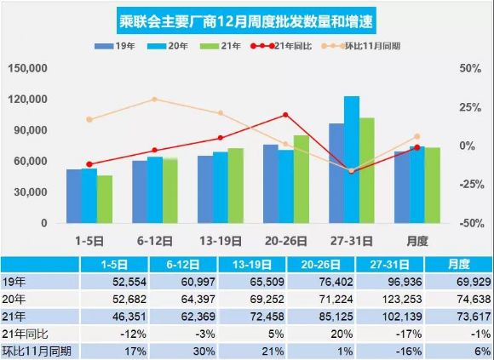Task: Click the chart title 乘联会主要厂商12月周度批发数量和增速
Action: pyautogui.click(x=247, y=18)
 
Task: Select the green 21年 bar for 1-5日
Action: pyautogui.click(x=105, y=199)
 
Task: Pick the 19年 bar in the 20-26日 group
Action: pyautogui.click(x=270, y=184)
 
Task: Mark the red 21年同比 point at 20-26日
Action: pyautogui.click(x=285, y=115)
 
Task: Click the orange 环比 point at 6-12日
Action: pyautogui.click(x=154, y=100)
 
